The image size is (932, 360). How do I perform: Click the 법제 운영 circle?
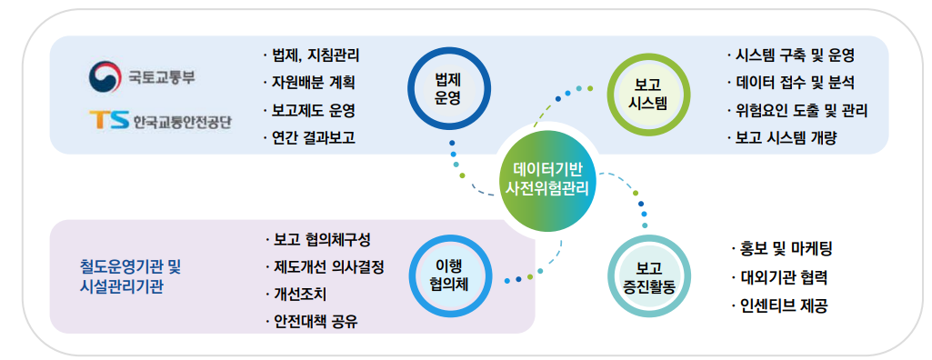tap(449, 89)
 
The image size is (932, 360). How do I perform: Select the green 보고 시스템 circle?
tap(649, 95)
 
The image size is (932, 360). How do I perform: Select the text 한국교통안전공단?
tap(183, 122)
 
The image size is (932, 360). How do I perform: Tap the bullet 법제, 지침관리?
tap(311, 55)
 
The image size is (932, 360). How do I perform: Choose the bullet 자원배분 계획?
tap(308, 83)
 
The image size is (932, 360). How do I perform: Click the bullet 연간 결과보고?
tap(308, 138)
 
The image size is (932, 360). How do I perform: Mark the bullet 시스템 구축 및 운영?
tap(790, 55)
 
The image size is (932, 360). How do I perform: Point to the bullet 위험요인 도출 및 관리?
tap(797, 111)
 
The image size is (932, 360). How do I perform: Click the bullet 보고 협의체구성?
tap(318, 240)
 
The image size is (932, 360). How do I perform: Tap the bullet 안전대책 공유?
tap(312, 322)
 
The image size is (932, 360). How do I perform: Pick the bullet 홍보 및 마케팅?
tap(782, 249)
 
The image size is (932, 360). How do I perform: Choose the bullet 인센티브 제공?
tap(779, 306)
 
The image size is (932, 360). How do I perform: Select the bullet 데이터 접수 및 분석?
tap(790, 83)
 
